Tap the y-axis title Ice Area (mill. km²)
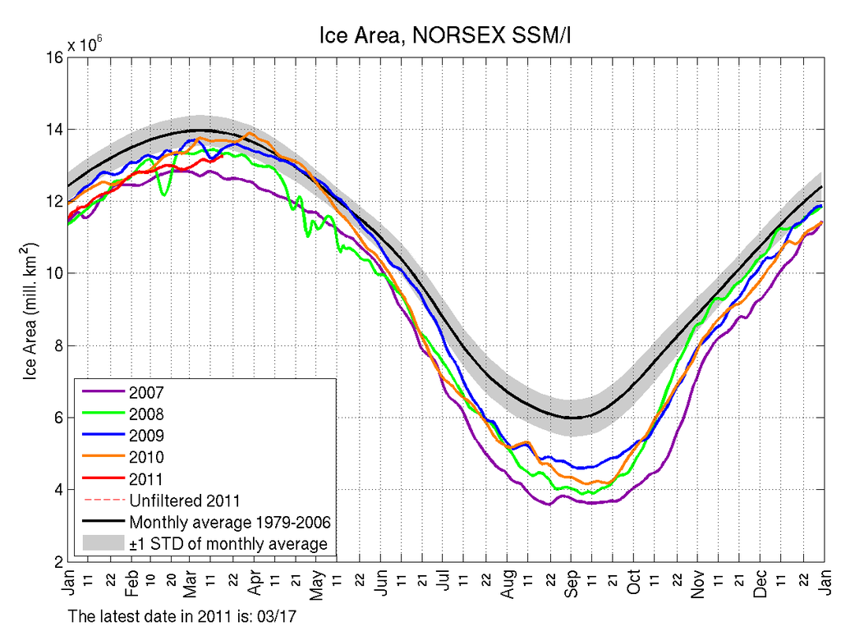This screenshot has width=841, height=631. coord(30,309)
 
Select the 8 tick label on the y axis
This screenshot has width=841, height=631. coord(56,345)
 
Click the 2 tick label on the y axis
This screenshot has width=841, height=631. coord(56,561)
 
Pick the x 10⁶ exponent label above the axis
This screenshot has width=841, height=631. coord(85,43)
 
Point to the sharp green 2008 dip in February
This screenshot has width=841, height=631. coord(165,194)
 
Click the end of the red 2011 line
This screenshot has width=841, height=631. coord(223,157)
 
